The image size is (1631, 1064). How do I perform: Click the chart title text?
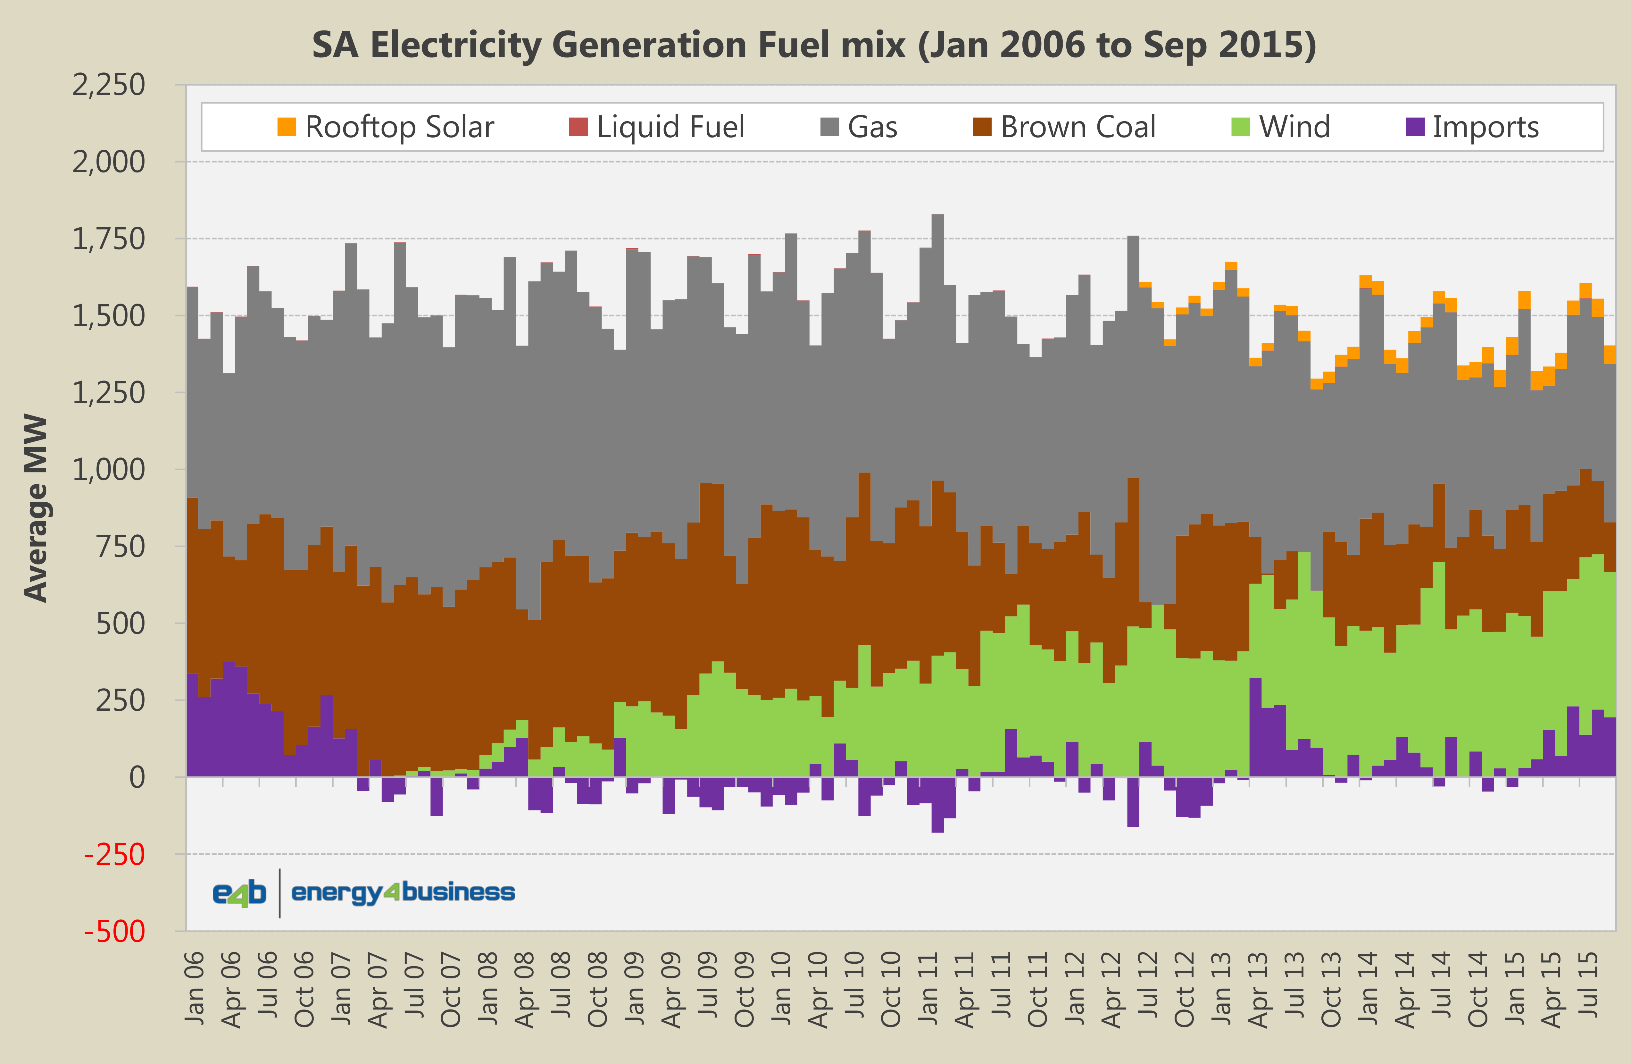(814, 45)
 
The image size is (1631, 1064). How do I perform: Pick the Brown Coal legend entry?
(1064, 127)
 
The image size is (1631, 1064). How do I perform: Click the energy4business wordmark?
(403, 892)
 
